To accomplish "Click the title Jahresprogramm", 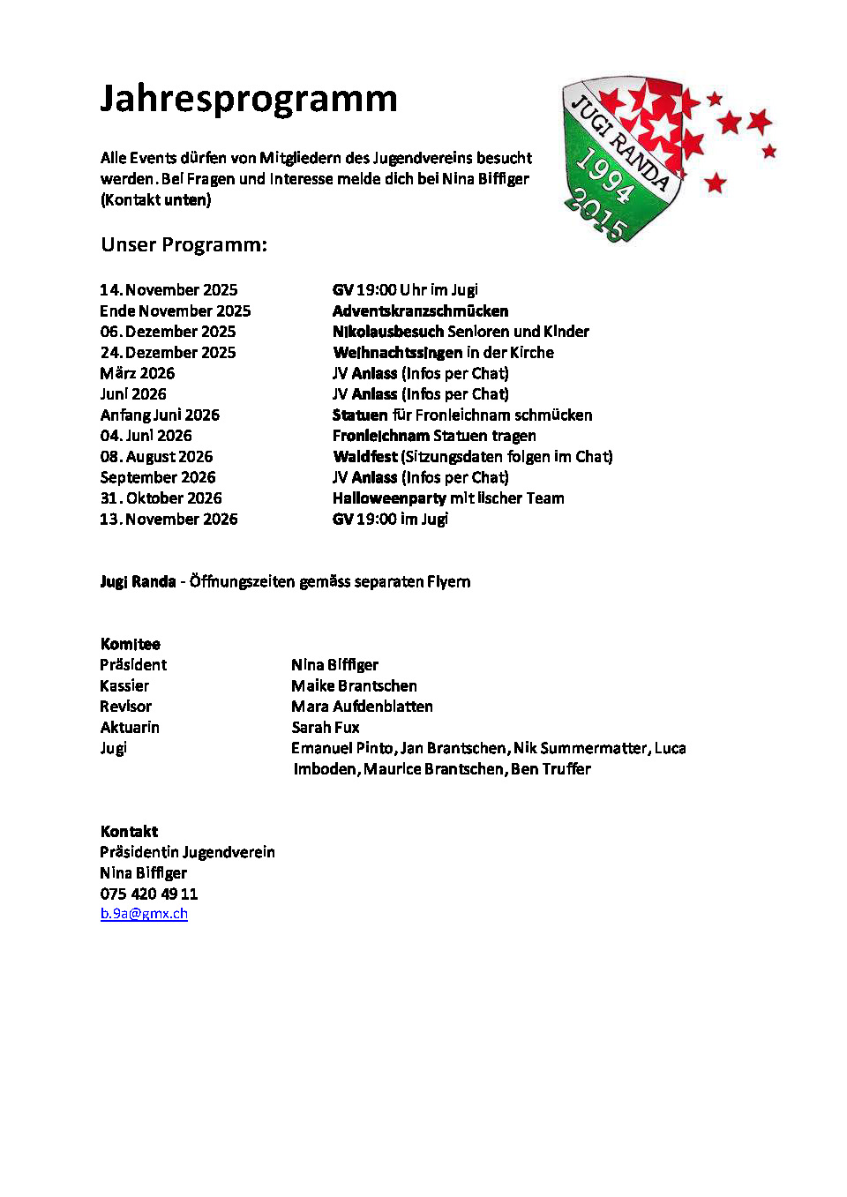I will [248, 99].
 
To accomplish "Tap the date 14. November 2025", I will [169, 290].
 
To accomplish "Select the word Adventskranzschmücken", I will [420, 311].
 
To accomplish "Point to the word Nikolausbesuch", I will [388, 332].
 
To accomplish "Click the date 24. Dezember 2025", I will [168, 353].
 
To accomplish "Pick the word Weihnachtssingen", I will [398, 353].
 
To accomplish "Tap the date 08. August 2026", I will [156, 457].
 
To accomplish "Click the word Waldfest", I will [365, 457].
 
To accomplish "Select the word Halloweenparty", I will [389, 498].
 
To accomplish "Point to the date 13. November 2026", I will [169, 520].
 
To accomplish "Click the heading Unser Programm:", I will [184, 245].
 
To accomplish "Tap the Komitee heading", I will [130, 644].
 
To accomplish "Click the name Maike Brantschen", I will [354, 686].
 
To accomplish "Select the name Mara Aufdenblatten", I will [362, 707].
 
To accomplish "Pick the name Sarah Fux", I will [326, 728].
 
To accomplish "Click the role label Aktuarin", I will [130, 728].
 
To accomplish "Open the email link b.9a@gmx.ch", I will [144, 914].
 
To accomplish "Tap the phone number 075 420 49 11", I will [148, 894].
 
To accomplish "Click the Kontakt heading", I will [129, 832].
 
